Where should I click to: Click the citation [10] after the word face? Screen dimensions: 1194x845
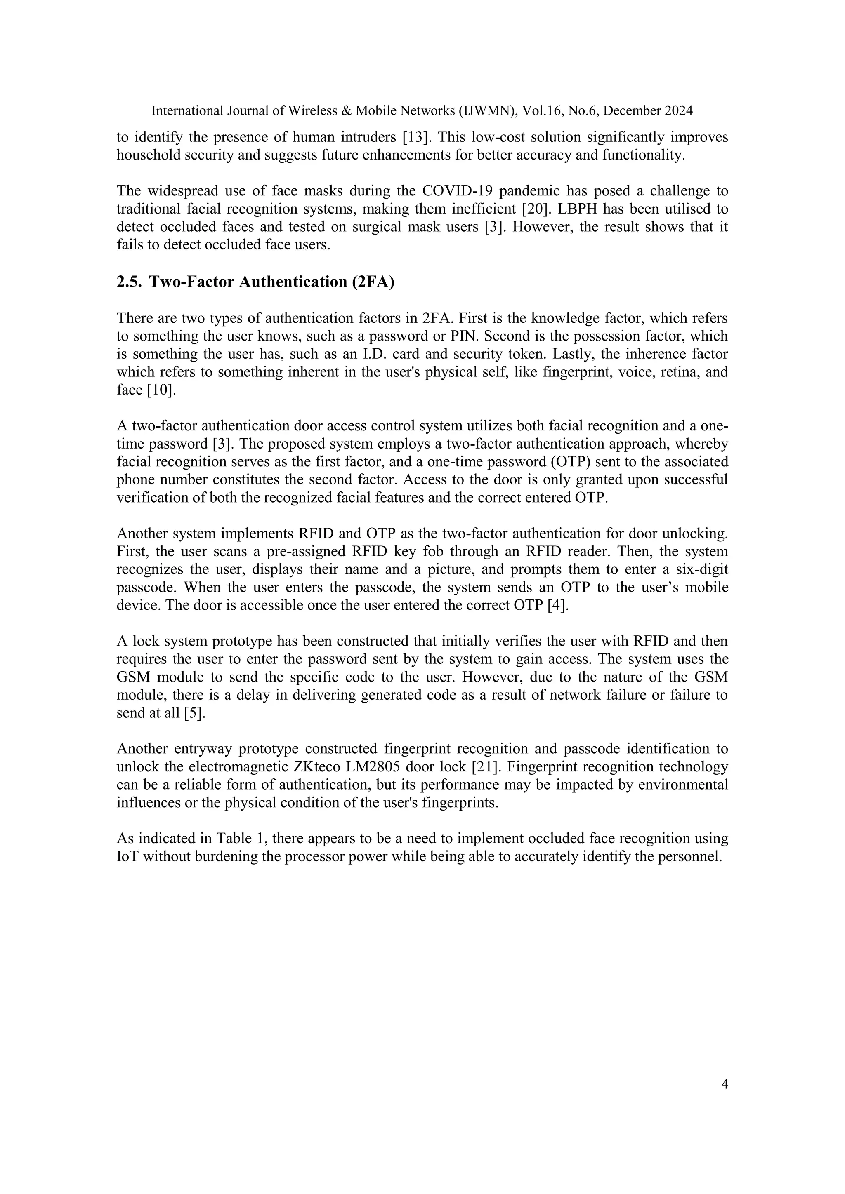coord(161,390)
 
